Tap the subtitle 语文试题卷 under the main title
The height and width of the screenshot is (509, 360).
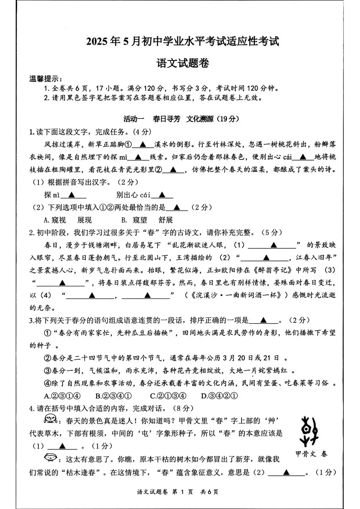[x=183, y=63]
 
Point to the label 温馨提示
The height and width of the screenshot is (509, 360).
[x=45, y=79]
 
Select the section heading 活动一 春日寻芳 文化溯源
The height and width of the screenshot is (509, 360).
[x=181, y=119]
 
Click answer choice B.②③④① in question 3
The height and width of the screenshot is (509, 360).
[x=114, y=396]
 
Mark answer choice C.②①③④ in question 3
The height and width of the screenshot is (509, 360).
[x=168, y=396]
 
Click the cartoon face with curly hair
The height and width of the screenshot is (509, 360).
[x=50, y=419]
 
